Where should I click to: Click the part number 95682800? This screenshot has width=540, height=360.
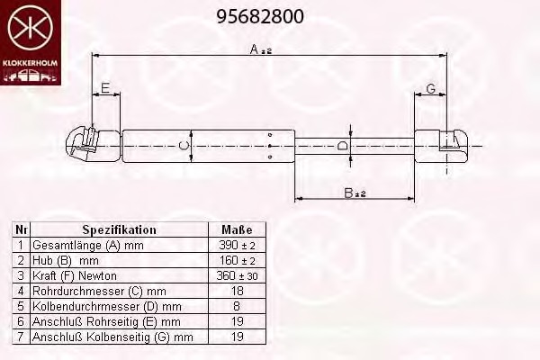click(x=261, y=16)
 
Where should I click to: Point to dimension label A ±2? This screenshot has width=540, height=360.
click(x=261, y=49)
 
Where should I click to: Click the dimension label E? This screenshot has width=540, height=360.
click(x=105, y=87)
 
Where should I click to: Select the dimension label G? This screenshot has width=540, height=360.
click(x=431, y=87)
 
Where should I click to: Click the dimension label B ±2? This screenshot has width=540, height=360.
click(x=354, y=192)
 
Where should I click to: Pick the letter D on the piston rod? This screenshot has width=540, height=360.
click(x=342, y=145)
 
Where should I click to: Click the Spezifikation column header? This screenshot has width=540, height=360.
click(x=119, y=229)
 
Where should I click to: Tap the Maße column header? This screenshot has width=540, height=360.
click(x=237, y=229)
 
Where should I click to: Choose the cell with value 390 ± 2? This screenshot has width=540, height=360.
click(x=237, y=245)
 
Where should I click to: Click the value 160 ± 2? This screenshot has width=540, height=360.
click(x=237, y=260)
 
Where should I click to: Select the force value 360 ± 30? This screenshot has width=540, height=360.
click(x=237, y=275)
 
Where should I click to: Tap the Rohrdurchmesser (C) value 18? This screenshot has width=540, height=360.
click(x=237, y=291)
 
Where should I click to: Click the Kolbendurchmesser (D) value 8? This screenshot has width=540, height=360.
click(x=237, y=306)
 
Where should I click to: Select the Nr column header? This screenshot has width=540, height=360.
click(x=22, y=229)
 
